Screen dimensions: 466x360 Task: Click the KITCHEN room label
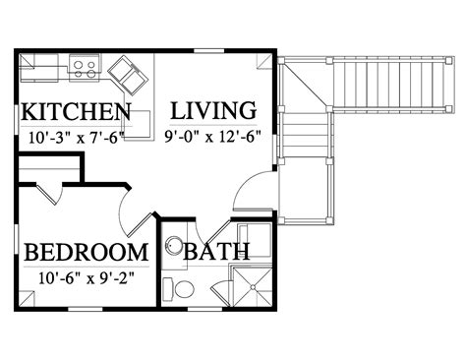pos(76,112)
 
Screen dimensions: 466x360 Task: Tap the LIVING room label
pos(213,111)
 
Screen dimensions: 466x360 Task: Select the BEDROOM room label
pos(87,253)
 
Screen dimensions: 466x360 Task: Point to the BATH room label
pos(216,252)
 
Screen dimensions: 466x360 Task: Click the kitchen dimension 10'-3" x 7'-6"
pos(77,138)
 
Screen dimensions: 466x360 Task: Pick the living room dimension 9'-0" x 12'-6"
pos(212,137)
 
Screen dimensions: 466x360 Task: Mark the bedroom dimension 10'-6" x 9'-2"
pos(87,278)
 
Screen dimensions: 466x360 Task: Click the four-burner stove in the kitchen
pos(85,68)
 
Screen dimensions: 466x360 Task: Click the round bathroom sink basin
pos(174,245)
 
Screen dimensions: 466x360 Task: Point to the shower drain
pos(253,287)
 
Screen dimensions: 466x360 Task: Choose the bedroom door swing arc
pos(121,213)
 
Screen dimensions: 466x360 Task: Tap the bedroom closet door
pos(48,195)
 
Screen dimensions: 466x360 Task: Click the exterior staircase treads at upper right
pos(389,85)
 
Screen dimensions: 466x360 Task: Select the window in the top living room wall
pos(209,51)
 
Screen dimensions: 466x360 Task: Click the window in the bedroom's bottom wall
pos(86,309)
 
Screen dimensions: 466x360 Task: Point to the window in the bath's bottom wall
pos(204,309)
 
